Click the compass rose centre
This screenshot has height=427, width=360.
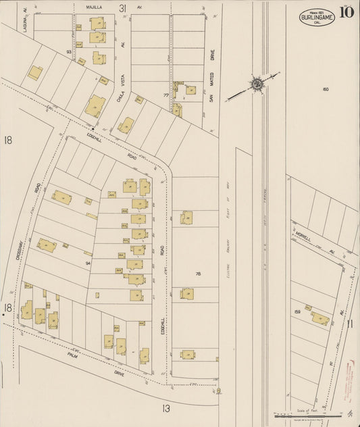[257, 84]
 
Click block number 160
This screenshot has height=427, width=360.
[325, 89]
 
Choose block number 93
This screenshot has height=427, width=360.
[69, 51]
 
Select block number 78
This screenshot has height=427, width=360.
[199, 274]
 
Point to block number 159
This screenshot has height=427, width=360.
[297, 311]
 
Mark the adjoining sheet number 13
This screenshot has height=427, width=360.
[166, 407]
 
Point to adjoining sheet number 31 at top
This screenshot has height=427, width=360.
[122, 8]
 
